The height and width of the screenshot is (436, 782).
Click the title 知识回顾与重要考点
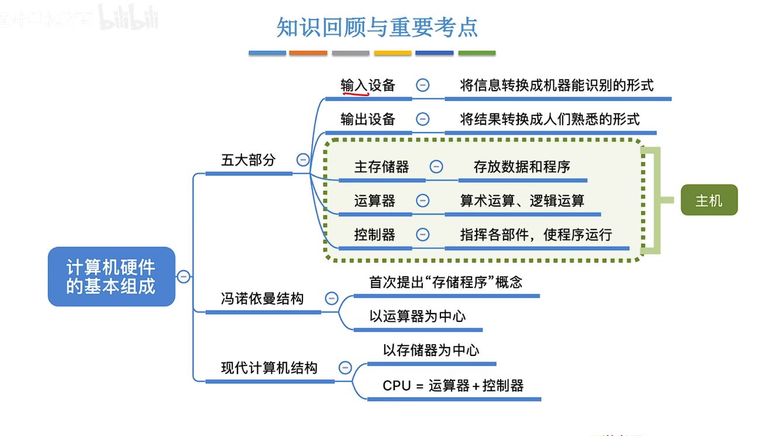(377, 27)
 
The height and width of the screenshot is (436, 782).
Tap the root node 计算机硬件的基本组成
(111, 277)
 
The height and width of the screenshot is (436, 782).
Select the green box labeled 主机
(709, 201)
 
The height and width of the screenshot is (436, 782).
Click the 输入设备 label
(368, 85)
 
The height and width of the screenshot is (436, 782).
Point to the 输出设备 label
(368, 119)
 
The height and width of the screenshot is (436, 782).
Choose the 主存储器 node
(381, 167)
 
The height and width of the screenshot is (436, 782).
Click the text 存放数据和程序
(522, 167)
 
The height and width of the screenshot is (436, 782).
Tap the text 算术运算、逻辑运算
(522, 201)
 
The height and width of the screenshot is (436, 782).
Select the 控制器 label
(374, 235)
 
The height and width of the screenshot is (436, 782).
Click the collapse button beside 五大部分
(303, 160)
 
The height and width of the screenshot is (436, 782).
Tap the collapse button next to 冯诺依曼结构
(332, 298)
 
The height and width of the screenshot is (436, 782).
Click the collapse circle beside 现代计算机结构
(345, 368)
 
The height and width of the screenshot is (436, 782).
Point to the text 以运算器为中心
(417, 316)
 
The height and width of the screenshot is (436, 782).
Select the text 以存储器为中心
(431, 350)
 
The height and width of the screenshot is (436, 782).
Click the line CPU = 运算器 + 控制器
(453, 386)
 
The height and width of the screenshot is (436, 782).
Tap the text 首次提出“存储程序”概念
(446, 282)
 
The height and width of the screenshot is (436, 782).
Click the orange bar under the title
(308, 53)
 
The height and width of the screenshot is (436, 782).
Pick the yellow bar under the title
(392, 53)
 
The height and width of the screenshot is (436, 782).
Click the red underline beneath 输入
(355, 92)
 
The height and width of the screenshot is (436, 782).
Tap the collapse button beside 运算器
(422, 201)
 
